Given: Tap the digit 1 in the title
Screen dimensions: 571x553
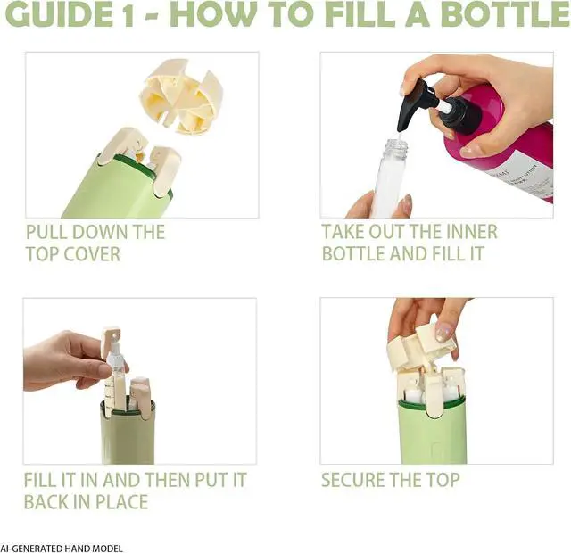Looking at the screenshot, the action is tap(128, 14).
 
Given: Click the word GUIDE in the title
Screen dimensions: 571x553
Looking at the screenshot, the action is tap(60, 14).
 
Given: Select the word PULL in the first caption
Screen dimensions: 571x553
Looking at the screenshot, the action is tap(46, 232).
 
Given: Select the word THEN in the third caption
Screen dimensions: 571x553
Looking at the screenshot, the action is tap(167, 480).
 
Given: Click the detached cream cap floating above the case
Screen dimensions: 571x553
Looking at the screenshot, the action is tap(180, 95).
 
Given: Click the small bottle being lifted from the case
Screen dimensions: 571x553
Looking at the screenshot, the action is tap(115, 371).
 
